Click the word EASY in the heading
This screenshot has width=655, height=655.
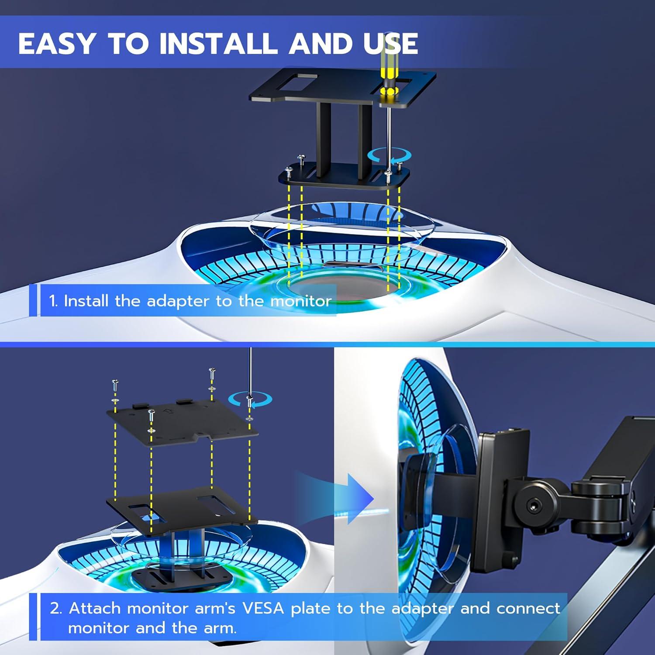(x=56, y=44)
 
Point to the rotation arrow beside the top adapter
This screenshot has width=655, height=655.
(x=389, y=155)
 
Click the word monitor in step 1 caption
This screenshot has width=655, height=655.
(x=301, y=301)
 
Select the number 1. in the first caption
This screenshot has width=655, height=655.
(x=53, y=301)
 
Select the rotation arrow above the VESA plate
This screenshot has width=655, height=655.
(x=250, y=398)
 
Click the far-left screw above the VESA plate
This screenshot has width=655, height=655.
(x=115, y=386)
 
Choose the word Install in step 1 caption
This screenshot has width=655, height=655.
(x=86, y=301)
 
